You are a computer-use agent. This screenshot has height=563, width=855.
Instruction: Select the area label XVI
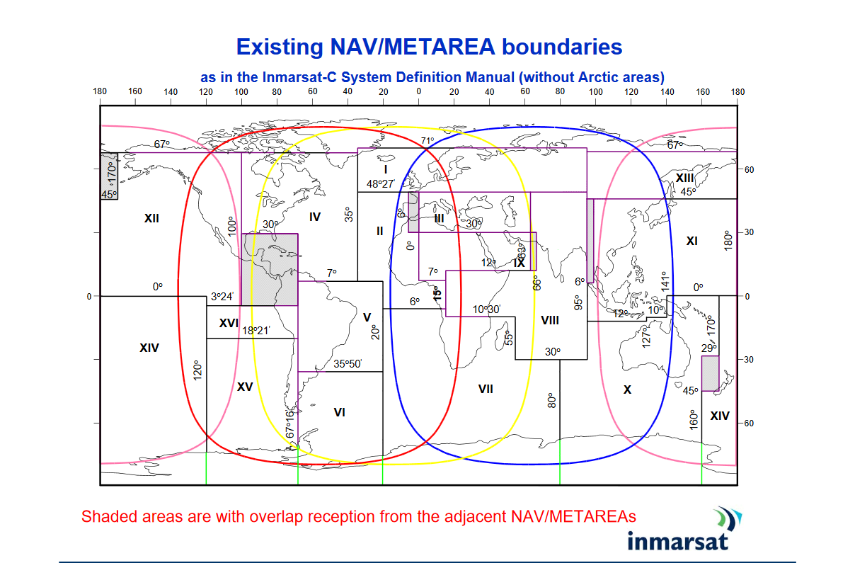coord(229,323)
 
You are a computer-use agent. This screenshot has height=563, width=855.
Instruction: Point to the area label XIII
coord(684,177)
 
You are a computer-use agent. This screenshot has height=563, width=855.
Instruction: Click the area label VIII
coord(550,320)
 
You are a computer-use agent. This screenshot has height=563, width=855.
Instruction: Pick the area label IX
coord(520,263)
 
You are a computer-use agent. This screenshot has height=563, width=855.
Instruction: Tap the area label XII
coord(151,218)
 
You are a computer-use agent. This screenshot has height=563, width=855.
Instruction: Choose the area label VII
coord(486,389)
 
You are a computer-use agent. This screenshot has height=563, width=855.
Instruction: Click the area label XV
coord(245,387)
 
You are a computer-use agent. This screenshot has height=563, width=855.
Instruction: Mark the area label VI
coord(339,411)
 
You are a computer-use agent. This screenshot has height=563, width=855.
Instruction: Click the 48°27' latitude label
coord(380,184)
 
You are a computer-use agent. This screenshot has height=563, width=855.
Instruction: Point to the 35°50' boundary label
coord(348,364)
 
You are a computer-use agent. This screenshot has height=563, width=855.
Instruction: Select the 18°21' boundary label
coord(256,330)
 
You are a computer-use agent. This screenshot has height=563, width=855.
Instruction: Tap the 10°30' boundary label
coord(487,309)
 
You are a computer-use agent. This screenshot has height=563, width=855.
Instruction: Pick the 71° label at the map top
coord(427,141)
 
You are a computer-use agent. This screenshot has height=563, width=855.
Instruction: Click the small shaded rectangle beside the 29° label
coord(710,373)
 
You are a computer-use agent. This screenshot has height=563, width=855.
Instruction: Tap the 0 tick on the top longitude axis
coord(418,91)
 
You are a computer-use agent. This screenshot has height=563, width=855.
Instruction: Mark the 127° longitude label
coord(645,337)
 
